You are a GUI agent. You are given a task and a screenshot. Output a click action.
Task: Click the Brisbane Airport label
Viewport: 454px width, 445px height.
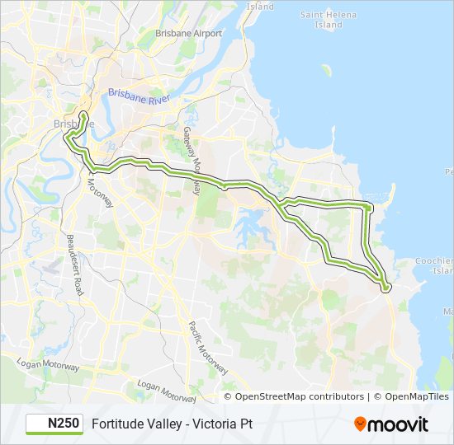(x=189, y=33)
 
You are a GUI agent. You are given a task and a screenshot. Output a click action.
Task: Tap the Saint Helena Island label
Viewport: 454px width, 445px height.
(x=323, y=19)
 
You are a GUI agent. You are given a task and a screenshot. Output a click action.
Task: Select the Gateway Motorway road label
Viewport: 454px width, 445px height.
(x=192, y=160)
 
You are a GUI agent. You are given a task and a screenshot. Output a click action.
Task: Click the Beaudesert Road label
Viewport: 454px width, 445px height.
(x=78, y=264)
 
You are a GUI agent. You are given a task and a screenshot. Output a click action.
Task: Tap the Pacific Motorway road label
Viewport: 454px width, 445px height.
(x=206, y=347)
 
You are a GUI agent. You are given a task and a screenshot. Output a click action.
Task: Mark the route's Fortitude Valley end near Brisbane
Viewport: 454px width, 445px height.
(x=83, y=113)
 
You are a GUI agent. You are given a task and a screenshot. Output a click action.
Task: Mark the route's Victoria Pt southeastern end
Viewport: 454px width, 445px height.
(x=385, y=288)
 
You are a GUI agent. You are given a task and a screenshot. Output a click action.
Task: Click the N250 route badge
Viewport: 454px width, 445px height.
(x=54, y=424)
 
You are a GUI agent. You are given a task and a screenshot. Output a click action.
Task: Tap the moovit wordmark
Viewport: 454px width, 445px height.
(x=399, y=424)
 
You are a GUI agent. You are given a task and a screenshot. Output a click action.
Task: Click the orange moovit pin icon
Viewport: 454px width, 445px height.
(x=360, y=424)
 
